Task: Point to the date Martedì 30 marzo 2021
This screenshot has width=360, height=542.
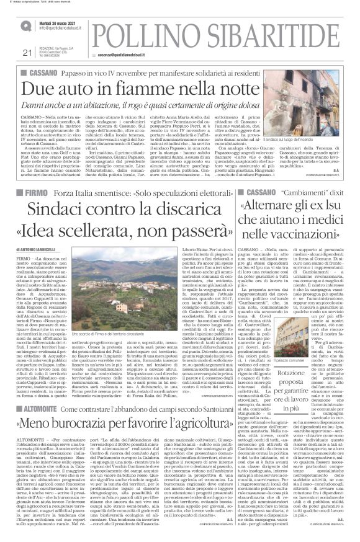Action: point(60,22)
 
